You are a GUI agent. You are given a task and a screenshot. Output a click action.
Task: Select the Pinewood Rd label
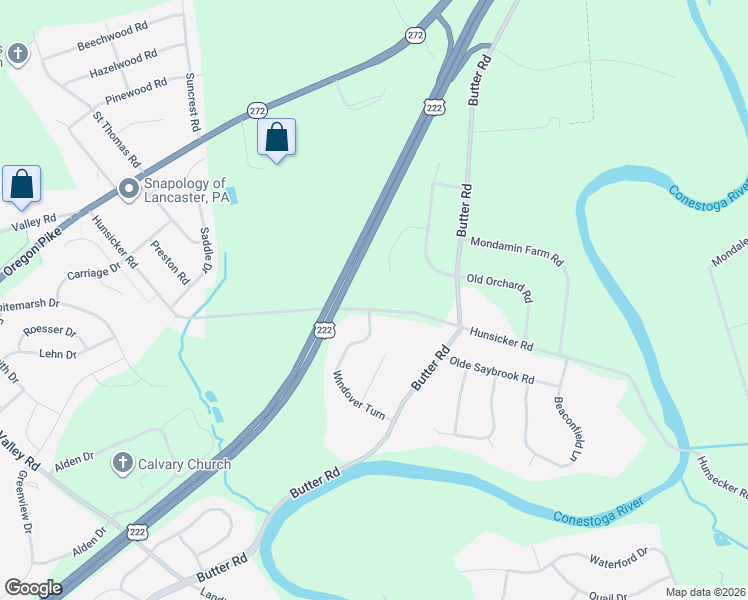[x=135, y=92]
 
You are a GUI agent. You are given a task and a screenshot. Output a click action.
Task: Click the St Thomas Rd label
[x=116, y=139]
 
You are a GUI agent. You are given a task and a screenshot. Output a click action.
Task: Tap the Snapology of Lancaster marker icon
[x=128, y=188]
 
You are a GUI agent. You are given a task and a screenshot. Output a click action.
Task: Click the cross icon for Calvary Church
[x=122, y=463]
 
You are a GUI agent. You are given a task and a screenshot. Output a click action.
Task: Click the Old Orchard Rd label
[x=499, y=288]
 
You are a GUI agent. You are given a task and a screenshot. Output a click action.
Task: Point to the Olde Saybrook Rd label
[x=491, y=371]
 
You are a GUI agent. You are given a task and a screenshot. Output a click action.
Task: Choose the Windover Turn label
[x=359, y=395]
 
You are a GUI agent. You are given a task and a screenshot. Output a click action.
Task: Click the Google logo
[x=33, y=588]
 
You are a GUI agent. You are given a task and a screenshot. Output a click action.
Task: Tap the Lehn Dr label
[x=58, y=354]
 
